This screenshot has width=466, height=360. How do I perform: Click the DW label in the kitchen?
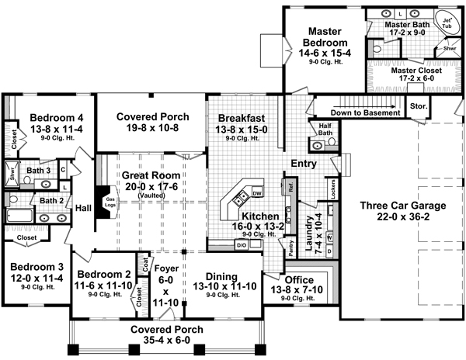[x=256, y=192]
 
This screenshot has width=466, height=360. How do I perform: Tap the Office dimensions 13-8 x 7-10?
[x=301, y=289]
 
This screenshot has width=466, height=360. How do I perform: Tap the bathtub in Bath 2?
[x=19, y=216]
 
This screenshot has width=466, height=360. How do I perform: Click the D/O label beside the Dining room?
[x=241, y=246]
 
